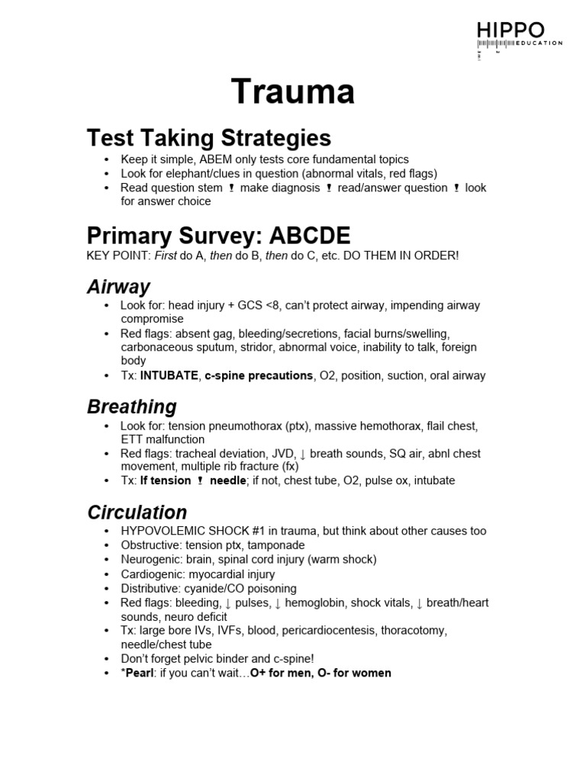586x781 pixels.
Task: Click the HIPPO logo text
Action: [510, 31]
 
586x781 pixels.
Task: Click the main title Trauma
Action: [293, 92]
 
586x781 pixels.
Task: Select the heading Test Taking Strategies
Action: [209, 138]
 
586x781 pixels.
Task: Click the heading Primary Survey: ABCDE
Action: [217, 234]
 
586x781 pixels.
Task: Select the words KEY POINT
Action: [118, 255]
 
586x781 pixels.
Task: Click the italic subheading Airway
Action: [118, 287]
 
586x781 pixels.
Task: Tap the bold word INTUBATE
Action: [169, 375]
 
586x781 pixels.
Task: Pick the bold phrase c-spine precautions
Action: [259, 375]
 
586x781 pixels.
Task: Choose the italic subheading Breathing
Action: [132, 406]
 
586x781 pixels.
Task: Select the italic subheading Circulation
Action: [137, 512]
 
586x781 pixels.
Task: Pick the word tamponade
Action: [274, 545]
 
